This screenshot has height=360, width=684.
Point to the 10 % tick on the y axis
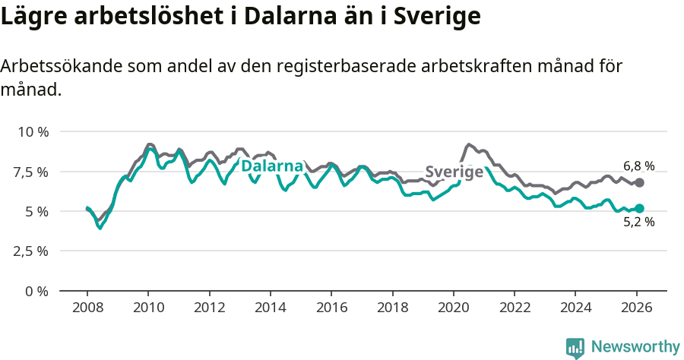[33, 131]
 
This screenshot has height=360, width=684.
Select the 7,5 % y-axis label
[33, 172]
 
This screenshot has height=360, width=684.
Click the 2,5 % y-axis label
[33, 251]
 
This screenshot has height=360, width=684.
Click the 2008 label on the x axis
[87, 308]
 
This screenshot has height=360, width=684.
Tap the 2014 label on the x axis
[270, 308]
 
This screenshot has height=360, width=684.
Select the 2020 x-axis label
[453, 308]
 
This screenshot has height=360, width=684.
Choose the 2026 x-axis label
[636, 308]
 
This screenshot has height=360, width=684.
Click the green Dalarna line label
[272, 166]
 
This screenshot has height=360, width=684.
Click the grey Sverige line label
[454, 172]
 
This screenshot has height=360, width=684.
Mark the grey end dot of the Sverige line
[639, 182]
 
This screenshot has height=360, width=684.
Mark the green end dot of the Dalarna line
[639, 208]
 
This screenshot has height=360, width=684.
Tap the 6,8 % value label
[638, 166]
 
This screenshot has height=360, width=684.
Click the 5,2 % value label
[638, 223]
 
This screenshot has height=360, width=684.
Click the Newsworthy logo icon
[575, 347]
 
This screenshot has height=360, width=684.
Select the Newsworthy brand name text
[635, 347]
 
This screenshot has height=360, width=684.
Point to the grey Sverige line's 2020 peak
[468, 144]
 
